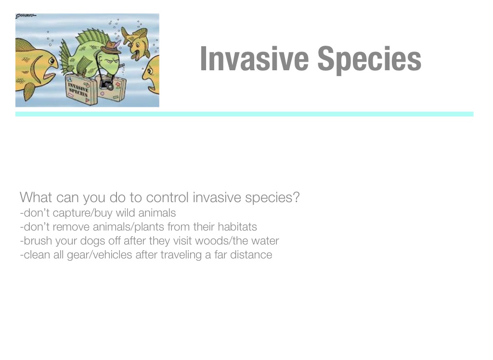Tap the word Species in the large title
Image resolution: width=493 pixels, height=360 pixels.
pos(369,60)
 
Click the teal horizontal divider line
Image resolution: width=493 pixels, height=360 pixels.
pos(244,114)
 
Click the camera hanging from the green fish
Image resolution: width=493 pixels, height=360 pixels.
pos(107,85)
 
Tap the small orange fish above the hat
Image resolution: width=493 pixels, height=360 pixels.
pos(136,42)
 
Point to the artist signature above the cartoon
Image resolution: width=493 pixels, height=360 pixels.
pos(26,16)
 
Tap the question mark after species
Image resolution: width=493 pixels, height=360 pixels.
pos(296,197)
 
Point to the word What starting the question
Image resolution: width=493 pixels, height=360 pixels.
pos(36,197)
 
